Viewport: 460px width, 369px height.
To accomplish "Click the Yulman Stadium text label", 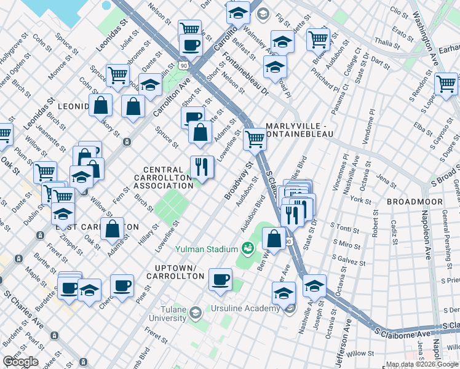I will (206, 249).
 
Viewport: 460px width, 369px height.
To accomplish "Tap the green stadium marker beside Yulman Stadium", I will (248, 248).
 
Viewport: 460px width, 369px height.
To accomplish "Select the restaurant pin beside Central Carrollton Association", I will (200, 165).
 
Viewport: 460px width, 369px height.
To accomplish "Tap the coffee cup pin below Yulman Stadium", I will (220, 279).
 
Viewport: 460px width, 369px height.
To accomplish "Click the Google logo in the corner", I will (21, 362).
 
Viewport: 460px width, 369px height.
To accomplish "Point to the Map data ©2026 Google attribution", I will (421, 364).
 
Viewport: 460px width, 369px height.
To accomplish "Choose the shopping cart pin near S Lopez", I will (446, 83).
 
